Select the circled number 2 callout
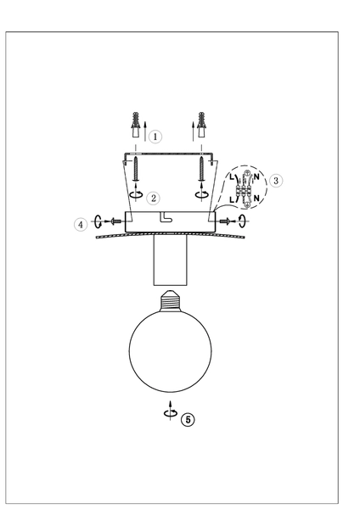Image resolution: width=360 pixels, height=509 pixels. click(153, 198)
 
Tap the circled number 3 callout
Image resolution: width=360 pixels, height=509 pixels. click(277, 180)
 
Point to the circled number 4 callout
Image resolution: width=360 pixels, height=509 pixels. click(81, 224)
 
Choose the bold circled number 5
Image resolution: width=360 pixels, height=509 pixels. click(188, 418)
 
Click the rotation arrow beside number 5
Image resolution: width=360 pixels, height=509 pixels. click(171, 413)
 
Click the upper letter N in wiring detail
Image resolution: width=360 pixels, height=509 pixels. click(256, 179)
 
